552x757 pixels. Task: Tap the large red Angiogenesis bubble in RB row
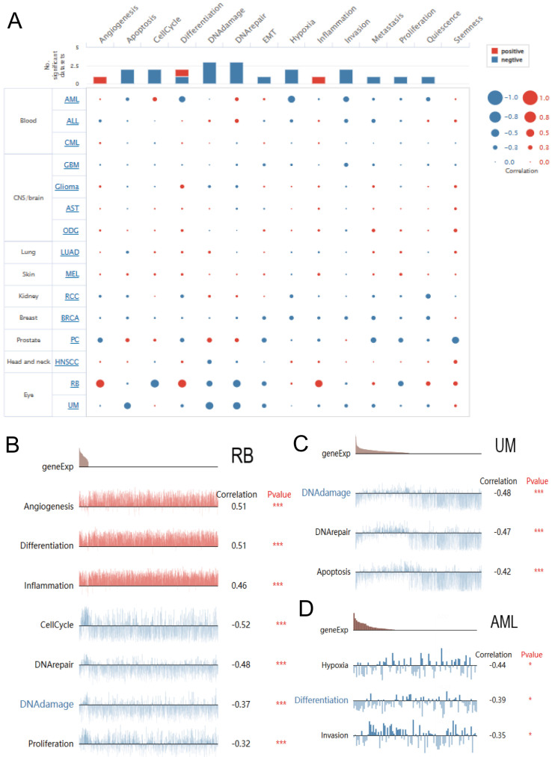99,383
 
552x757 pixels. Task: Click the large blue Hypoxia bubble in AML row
291,99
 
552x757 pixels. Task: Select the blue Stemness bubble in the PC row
456,340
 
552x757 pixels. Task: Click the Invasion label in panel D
336,736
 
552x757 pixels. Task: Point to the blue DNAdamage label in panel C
326,493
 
